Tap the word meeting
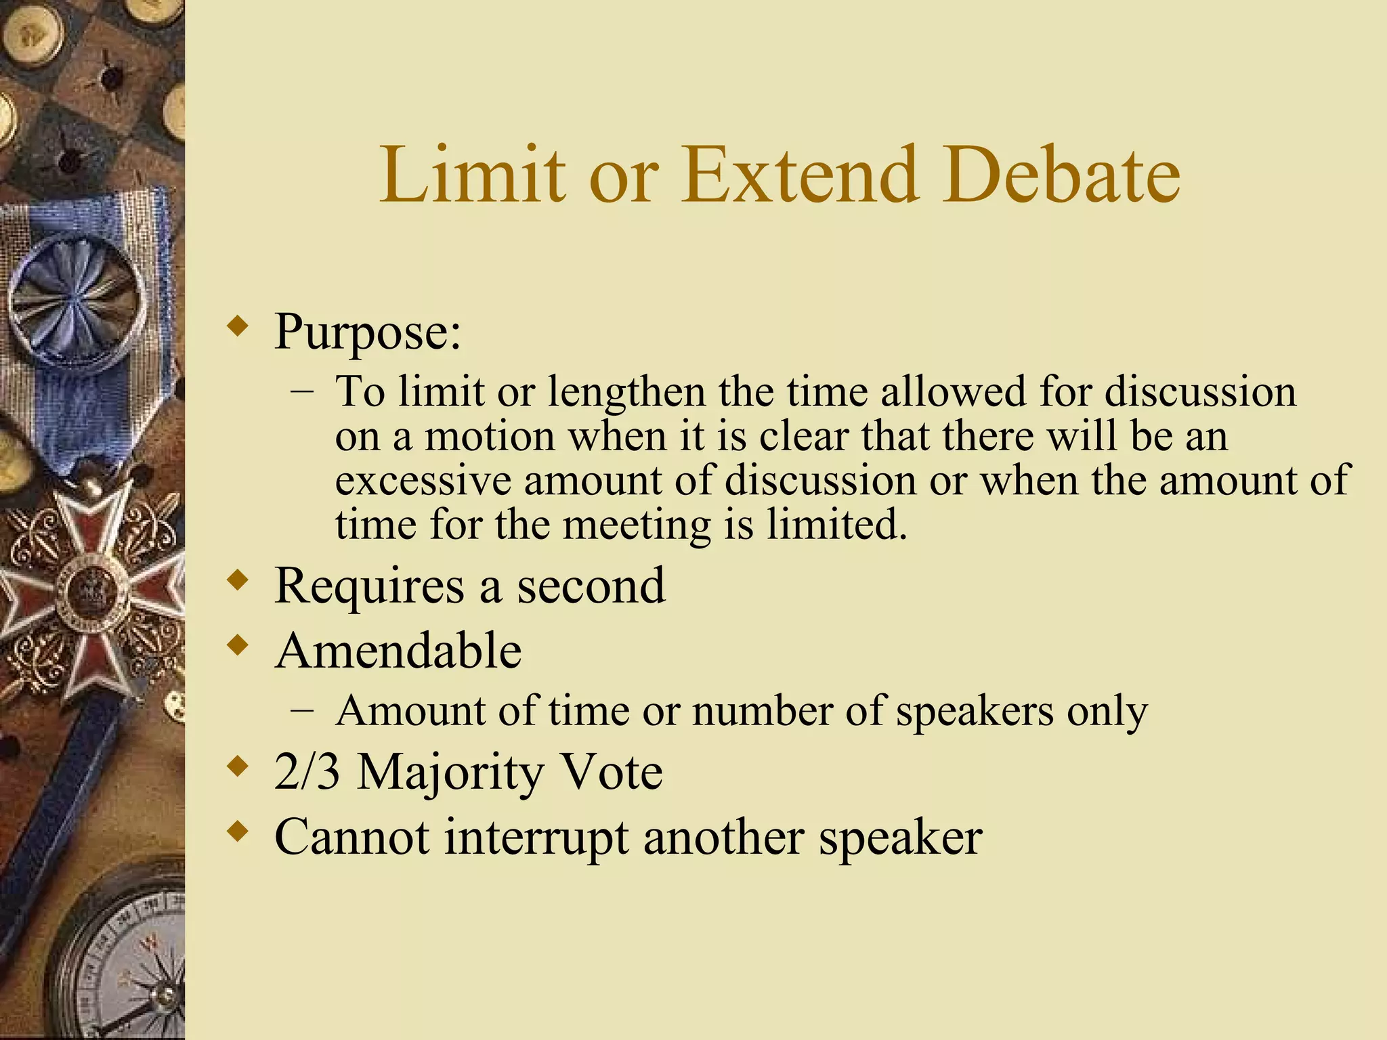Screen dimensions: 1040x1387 637,525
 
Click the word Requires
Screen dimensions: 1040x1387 369,586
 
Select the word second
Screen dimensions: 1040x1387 591,586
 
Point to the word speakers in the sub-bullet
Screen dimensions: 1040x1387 975,712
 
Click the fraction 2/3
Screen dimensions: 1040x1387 307,772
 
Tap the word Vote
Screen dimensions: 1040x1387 613,772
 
